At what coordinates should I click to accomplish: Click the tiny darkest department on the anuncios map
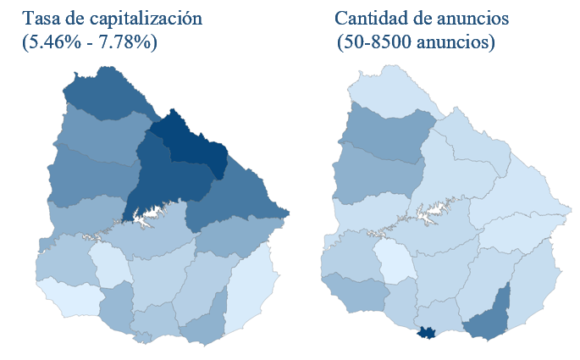click(427, 333)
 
